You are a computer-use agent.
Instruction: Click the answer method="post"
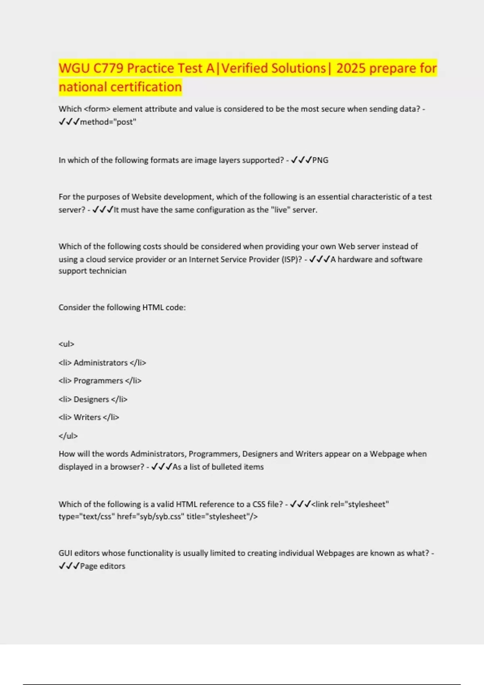pos(108,122)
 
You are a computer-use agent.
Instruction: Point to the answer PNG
pos(320,160)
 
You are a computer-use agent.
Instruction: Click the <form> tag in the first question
pos(97,109)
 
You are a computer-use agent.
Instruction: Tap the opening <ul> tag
pos(67,344)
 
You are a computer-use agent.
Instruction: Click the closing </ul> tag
pos(68,436)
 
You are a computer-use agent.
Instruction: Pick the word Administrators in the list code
pos(100,363)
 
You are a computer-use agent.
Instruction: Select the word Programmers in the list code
pos(98,380)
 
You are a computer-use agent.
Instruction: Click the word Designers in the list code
pos(91,399)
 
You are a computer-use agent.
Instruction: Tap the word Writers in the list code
pos(87,417)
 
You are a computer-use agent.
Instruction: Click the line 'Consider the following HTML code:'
pos(122,307)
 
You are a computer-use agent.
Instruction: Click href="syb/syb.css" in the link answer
pos(149,516)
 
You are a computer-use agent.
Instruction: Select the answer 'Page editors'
pos(102,566)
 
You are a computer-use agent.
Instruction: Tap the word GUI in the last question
pos(65,553)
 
